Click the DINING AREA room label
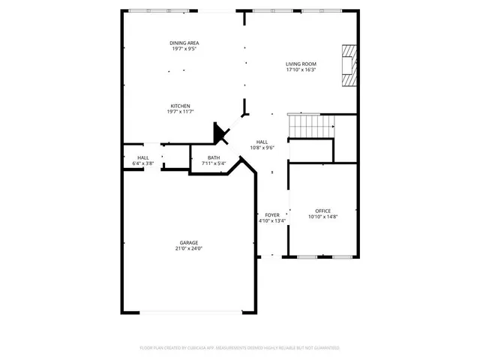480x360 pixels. pyautogui.click(x=183, y=43)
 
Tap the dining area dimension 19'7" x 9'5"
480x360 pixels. pyautogui.click(x=183, y=49)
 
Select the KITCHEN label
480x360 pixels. pyautogui.click(x=180, y=106)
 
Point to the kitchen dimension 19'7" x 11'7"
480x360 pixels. pyautogui.click(x=180, y=112)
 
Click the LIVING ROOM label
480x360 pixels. pyautogui.click(x=301, y=64)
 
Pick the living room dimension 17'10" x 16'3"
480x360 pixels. pyautogui.click(x=301, y=70)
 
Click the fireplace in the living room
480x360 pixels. pyautogui.click(x=349, y=67)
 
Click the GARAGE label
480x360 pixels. pyautogui.click(x=188, y=241)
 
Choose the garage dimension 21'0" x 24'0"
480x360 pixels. pyautogui.click(x=188, y=248)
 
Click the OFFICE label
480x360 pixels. pyautogui.click(x=322, y=211)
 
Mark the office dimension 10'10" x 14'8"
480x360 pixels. pyautogui.click(x=322, y=217)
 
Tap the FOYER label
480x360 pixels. pyautogui.click(x=271, y=214)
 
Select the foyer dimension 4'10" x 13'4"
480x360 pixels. pyautogui.click(x=271, y=221)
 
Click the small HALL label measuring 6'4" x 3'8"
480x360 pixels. pyautogui.click(x=142, y=157)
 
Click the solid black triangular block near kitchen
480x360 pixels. pyautogui.click(x=221, y=134)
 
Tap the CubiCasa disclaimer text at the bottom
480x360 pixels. pyautogui.click(x=240, y=348)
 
